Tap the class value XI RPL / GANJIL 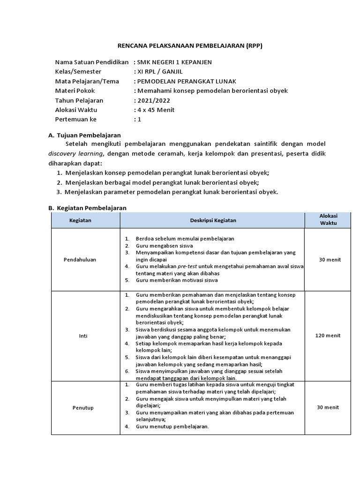click(159, 72)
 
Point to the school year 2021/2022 click(152, 100)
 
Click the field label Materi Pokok click(75, 91)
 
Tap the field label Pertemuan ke click(75, 120)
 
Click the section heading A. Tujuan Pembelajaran click(85, 135)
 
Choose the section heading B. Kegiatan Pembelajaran click(88, 208)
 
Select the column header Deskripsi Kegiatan click(213, 220)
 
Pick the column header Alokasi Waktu click(328, 219)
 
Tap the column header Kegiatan click(80, 220)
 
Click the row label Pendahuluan click(80, 259)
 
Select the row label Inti click(80, 336)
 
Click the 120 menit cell click(328, 336)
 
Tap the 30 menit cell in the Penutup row click(328, 408)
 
